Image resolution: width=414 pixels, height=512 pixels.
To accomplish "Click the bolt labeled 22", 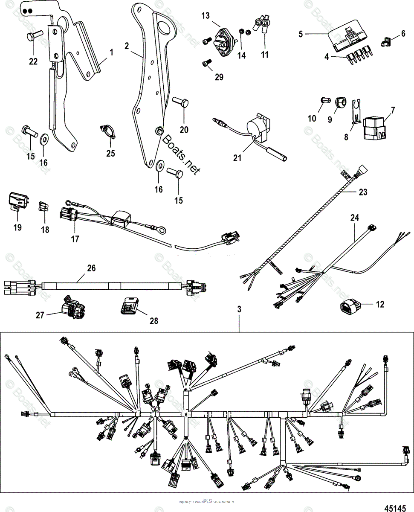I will (x=33, y=37).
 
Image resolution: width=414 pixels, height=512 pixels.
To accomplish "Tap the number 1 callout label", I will (x=111, y=52).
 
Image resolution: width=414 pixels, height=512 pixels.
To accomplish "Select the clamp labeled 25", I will (x=109, y=131).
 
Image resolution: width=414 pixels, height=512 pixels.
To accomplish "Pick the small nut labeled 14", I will (x=240, y=32).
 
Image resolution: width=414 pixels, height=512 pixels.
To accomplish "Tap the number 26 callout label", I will (x=91, y=268).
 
